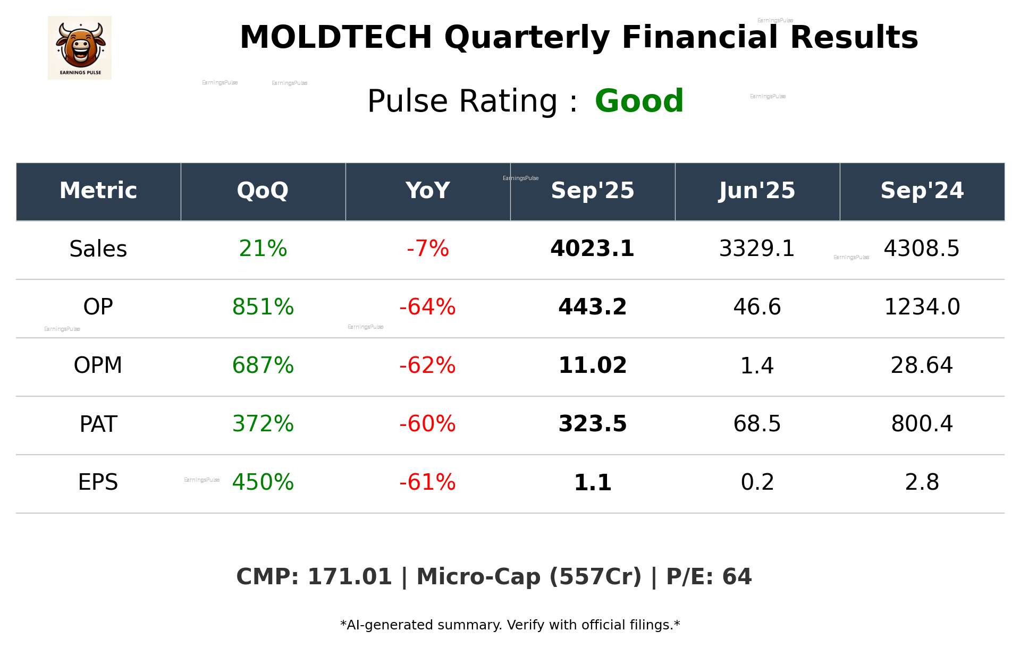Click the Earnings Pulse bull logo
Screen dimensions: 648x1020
click(80, 48)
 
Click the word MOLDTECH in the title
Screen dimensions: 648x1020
click(336, 38)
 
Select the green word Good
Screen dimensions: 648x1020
click(639, 101)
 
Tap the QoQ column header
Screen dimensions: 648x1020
click(263, 191)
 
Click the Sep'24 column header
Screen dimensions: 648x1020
click(922, 191)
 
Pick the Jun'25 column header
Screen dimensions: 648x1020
click(757, 191)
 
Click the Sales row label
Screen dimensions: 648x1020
click(98, 249)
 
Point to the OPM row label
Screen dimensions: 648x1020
click(98, 365)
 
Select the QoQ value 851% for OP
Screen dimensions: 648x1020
click(263, 307)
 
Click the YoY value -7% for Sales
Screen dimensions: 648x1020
click(427, 249)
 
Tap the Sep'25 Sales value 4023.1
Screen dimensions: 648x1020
click(592, 249)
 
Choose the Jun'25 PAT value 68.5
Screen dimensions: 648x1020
click(757, 424)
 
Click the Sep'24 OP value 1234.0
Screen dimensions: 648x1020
click(922, 307)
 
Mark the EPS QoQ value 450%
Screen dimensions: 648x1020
click(263, 482)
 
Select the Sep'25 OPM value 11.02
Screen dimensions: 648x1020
click(592, 365)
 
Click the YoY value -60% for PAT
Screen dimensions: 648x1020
click(427, 424)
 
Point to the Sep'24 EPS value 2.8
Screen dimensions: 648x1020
click(922, 482)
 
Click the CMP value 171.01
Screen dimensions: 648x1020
click(349, 577)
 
